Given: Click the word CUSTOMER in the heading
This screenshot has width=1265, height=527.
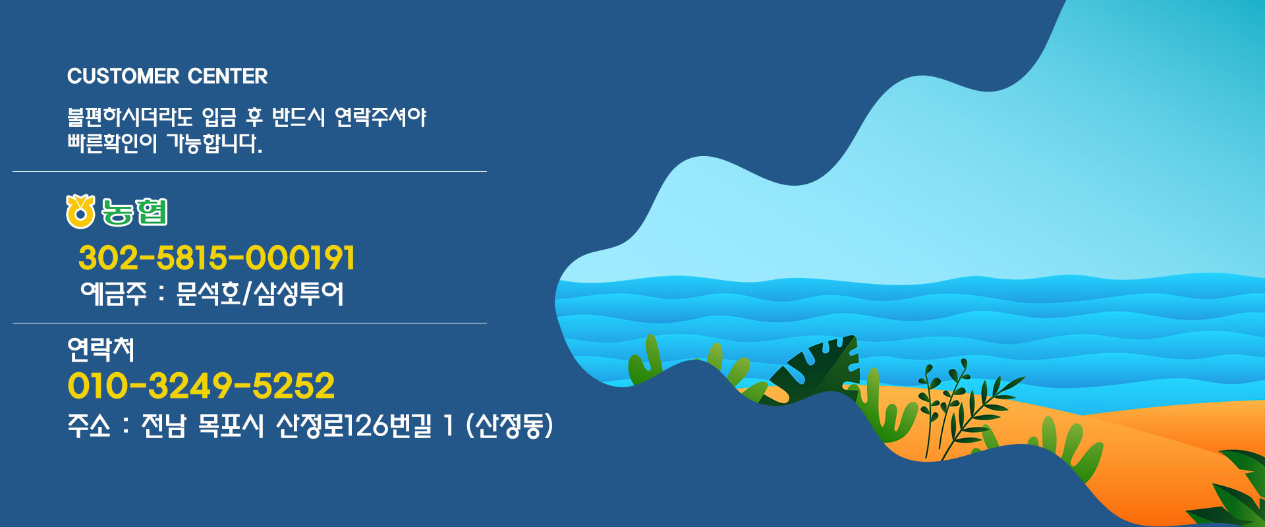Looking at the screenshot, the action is pos(123,76).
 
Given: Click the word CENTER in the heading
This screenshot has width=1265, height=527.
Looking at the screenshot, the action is pos(228,76).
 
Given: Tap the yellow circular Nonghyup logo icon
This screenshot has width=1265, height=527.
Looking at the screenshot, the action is pos(80,212).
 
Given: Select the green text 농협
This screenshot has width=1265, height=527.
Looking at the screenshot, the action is pos(134,212).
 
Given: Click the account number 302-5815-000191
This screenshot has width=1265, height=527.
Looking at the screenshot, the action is pos(217,258).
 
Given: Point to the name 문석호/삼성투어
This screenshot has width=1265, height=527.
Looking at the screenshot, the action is pos(260,294).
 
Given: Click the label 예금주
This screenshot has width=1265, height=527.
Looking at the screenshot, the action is pos(113,294).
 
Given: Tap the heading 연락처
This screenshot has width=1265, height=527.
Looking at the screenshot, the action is pos(101,349).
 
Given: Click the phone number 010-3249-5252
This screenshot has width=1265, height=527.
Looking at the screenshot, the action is pos(201,386).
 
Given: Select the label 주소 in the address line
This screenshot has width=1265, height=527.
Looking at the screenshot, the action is pos(89,426).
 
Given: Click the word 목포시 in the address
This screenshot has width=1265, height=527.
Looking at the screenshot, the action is pos(231,426).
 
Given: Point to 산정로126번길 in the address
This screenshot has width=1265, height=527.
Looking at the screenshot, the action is pos(354,426).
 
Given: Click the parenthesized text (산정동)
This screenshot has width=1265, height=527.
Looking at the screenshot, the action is pos(509,426).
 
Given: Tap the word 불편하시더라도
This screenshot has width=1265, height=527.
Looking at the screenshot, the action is pos(130,117).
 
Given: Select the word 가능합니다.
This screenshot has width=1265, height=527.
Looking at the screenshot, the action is pos(214,143).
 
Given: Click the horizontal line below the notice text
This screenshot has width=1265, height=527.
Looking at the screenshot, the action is pos(249,172).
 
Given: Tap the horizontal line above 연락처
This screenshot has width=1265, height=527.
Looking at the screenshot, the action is pos(249,323).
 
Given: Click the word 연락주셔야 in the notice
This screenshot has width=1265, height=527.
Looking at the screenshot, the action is pos(381,117).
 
